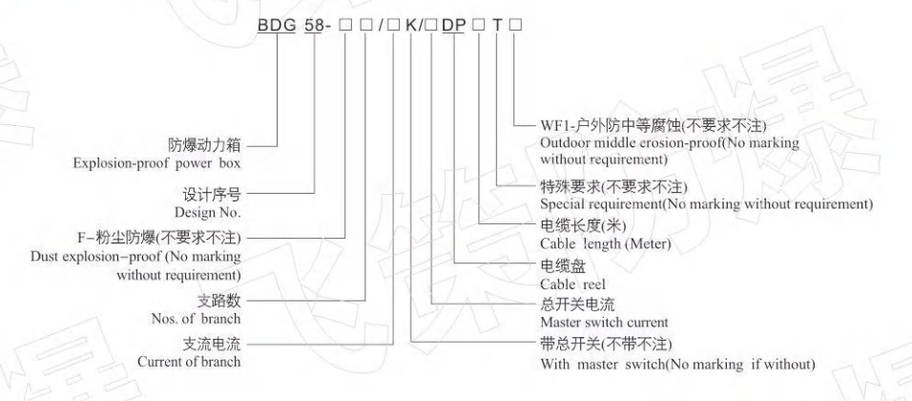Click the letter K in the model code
pyautogui.click(x=412, y=31)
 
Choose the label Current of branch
pyautogui.click(x=185, y=362)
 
